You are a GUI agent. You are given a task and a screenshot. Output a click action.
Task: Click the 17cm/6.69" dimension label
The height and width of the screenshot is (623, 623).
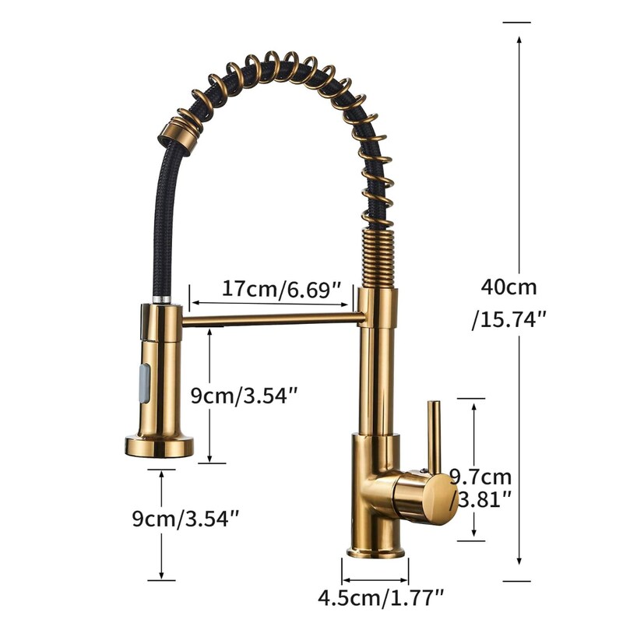(x=281, y=289)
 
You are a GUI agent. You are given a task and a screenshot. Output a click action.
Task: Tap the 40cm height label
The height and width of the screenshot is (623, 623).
(x=509, y=287)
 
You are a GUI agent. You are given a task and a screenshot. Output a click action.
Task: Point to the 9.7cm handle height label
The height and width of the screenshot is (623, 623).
(x=480, y=477)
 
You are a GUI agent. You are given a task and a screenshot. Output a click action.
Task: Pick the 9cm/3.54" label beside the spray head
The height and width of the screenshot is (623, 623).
(x=245, y=396)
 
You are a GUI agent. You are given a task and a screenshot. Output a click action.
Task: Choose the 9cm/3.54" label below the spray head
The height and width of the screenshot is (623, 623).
(x=185, y=519)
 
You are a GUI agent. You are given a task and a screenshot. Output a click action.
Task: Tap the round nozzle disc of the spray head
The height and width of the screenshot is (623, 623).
(x=160, y=446)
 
